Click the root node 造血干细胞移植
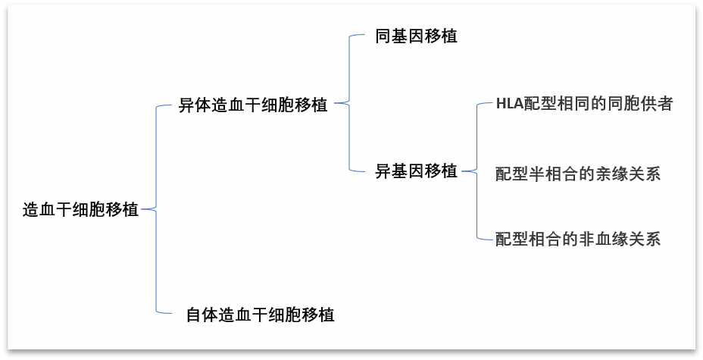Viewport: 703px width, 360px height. [80, 210]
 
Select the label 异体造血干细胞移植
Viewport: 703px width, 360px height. [253, 105]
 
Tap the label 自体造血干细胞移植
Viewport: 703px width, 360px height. [260, 314]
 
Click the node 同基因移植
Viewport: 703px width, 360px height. [416, 36]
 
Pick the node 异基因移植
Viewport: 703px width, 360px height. [416, 171]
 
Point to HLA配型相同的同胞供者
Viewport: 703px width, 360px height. [584, 104]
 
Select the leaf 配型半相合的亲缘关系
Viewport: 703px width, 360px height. [577, 174]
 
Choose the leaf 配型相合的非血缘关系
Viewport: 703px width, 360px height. [577, 239]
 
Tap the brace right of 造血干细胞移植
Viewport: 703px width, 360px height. [155, 208]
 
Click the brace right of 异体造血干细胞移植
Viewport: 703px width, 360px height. [349, 102]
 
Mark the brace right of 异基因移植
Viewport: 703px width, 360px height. [478, 171]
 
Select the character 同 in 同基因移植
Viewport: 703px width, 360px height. [383, 36]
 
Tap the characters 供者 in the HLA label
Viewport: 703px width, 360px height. [656, 104]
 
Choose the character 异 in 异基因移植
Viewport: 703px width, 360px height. [383, 171]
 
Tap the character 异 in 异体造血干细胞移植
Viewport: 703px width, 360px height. [186, 105]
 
